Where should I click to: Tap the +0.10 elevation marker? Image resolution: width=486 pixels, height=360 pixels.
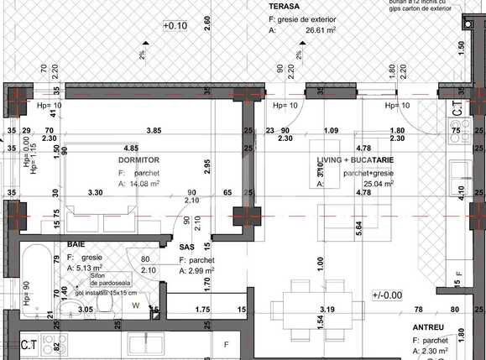pos(175,26)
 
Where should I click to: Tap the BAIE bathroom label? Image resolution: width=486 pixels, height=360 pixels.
pos(76,244)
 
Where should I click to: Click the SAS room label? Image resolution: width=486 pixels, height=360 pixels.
pos(187,247)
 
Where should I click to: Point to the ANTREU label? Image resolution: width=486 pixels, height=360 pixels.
pos(428,326)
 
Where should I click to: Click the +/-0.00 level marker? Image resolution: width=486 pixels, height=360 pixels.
pos(387,295)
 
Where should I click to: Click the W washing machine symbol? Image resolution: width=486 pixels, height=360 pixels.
pos(136,305)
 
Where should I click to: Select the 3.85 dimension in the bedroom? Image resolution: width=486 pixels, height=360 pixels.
pos(154,130)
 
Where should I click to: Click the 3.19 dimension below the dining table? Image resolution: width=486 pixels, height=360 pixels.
pos(328,310)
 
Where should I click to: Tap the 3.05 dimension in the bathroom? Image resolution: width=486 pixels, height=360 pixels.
pos(85,310)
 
